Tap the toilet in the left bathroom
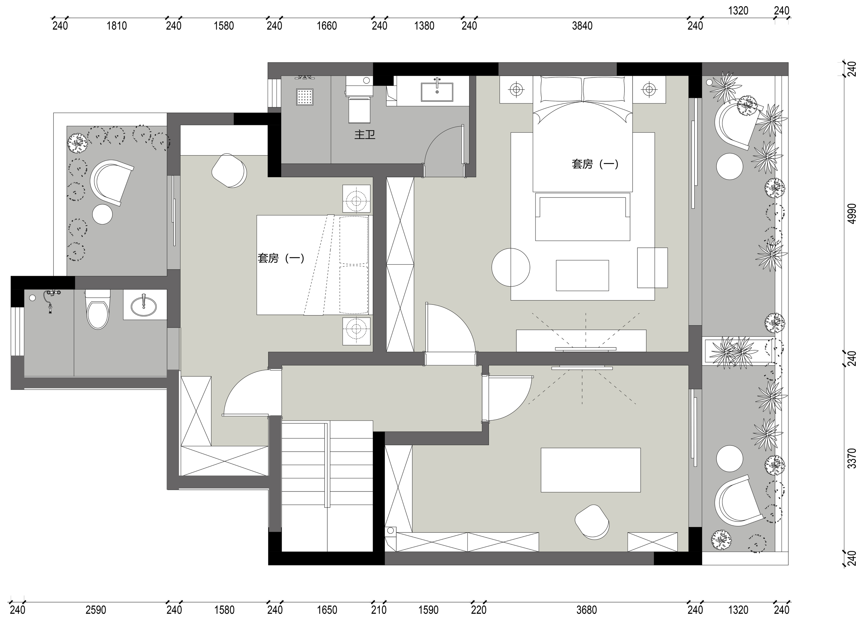point(98,309)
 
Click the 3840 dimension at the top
point(582,26)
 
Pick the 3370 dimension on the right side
point(852,458)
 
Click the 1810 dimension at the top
point(117,26)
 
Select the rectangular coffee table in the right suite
point(582,275)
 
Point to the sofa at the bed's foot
point(583,217)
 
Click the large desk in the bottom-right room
point(591,470)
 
